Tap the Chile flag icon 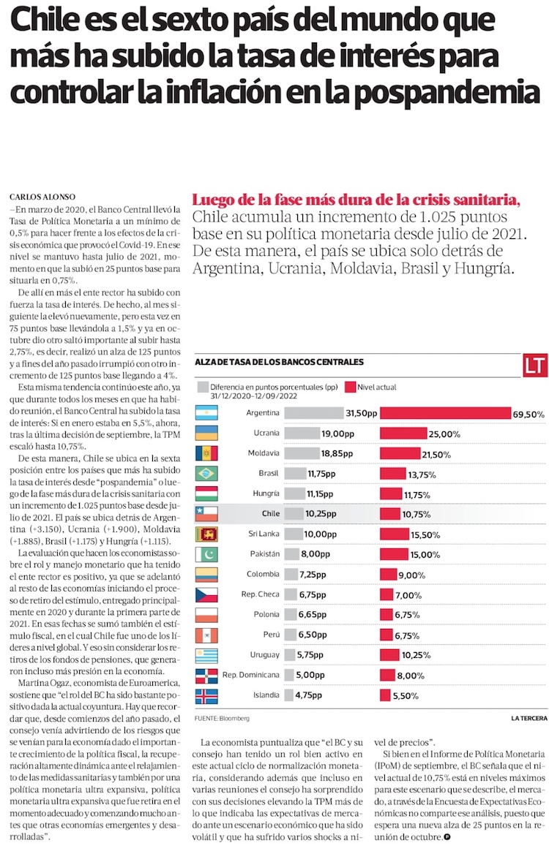[x=206, y=514]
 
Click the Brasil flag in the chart [x=206, y=474]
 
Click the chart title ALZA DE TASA [x=279, y=361]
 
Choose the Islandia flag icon [x=206, y=695]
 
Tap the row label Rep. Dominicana [x=251, y=675]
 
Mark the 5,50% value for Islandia [x=406, y=695]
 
